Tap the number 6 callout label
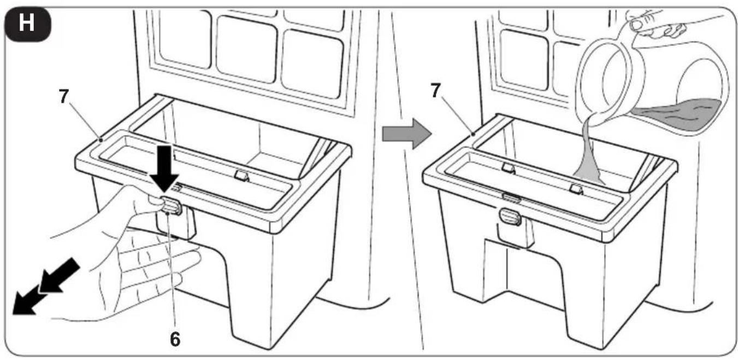pyautogui.click(x=175, y=339)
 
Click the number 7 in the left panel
pyautogui.click(x=63, y=96)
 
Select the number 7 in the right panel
pyautogui.click(x=435, y=90)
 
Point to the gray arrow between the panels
pyautogui.click(x=406, y=134)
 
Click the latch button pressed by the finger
pyautogui.click(x=171, y=206)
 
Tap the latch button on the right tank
pyautogui.click(x=510, y=217)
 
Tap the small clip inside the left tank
pyautogui.click(x=241, y=175)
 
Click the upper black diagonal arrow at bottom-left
pyautogui.click(x=60, y=275)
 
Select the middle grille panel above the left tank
pyautogui.click(x=246, y=49)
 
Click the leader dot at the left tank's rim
pyautogui.click(x=102, y=140)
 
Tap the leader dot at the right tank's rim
pyautogui.click(x=474, y=134)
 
